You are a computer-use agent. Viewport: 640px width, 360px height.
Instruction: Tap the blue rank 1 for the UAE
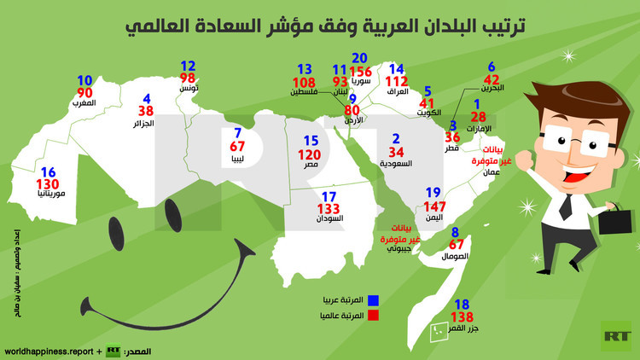click(479, 103)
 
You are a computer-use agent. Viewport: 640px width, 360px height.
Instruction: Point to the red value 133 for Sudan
click(328, 208)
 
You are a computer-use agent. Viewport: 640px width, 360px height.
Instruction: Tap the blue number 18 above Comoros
click(463, 305)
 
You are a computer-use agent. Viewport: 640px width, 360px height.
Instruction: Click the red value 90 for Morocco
click(84, 92)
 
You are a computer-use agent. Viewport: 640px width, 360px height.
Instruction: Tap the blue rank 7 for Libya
click(237, 132)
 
